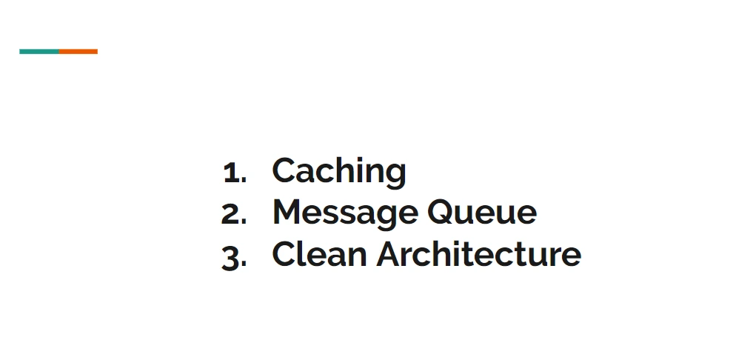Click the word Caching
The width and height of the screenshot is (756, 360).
click(x=338, y=171)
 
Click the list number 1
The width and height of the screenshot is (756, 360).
click(x=231, y=173)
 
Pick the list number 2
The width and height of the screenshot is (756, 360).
click(x=231, y=214)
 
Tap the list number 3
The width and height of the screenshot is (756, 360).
click(x=231, y=257)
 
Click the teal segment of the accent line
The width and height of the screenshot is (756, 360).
click(x=39, y=51)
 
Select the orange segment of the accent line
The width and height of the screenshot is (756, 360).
click(x=78, y=51)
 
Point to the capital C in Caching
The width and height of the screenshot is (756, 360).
click(x=284, y=170)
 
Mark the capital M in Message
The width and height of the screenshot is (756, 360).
click(x=288, y=213)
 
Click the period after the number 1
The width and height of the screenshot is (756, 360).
click(x=244, y=181)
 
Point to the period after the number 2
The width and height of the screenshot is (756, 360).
click(x=245, y=222)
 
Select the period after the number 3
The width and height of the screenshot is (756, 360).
click(x=245, y=264)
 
